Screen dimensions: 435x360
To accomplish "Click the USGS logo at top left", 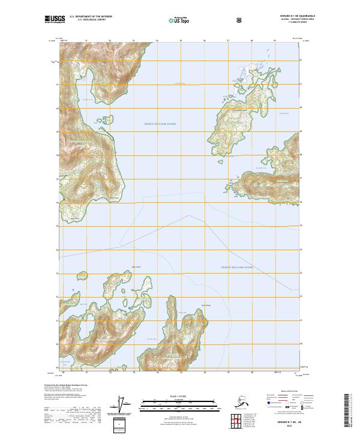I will point(55,19).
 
